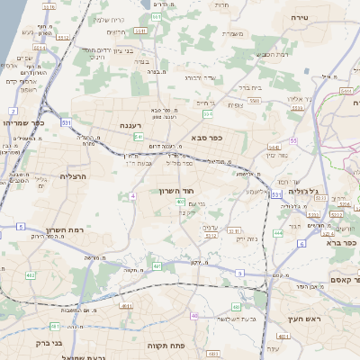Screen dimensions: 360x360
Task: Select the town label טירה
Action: (297, 16)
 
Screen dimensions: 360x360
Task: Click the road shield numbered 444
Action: (278, 232)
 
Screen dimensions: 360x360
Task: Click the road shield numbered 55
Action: (293, 140)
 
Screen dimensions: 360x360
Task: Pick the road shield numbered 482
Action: (30, 274)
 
